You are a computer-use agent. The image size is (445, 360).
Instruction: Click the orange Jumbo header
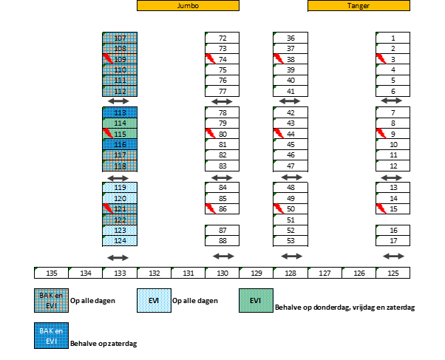pyautogui.click(x=188, y=5)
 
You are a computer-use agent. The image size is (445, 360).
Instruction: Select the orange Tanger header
pyautogui.click(x=359, y=5)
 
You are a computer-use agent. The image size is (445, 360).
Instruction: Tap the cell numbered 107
pyautogui.click(x=120, y=38)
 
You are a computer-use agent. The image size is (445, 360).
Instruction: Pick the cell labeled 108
pyautogui.click(x=120, y=49)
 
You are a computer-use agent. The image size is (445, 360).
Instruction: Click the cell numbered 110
pyautogui.click(x=120, y=69)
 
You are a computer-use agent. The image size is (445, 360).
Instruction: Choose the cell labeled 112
pyautogui.click(x=120, y=91)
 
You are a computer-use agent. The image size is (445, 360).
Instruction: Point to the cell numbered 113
pyautogui.click(x=120, y=112)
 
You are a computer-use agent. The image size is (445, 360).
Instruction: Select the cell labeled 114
pyautogui.click(x=120, y=123)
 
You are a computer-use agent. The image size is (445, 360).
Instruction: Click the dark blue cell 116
pyautogui.click(x=120, y=145)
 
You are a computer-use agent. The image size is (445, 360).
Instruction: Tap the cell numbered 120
pyautogui.click(x=120, y=198)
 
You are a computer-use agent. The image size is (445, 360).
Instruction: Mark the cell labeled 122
pyautogui.click(x=120, y=220)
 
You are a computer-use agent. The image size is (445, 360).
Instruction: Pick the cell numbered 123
pyautogui.click(x=120, y=231)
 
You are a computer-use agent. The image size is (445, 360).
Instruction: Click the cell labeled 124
pyautogui.click(x=120, y=241)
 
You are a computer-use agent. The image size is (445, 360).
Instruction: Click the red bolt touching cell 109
pyautogui.click(x=108, y=58)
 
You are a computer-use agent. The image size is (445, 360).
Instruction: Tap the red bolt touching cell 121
pyautogui.click(x=108, y=208)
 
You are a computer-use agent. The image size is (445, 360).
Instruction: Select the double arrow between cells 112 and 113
pyautogui.click(x=118, y=101)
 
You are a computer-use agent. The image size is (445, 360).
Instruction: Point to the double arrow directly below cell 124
pyautogui.click(x=118, y=257)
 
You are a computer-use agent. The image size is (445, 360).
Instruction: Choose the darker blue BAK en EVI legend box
pyautogui.click(x=51, y=336)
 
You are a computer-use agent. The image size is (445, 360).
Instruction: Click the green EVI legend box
pyautogui.click(x=256, y=300)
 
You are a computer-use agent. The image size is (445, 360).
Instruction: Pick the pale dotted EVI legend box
pyautogui.click(x=154, y=300)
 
